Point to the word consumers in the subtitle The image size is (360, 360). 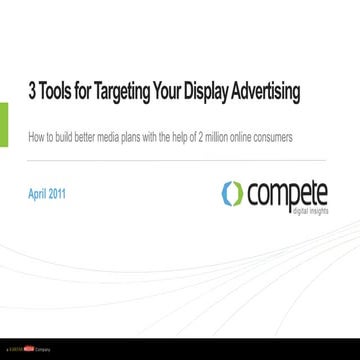pyautogui.click(x=273, y=137)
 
